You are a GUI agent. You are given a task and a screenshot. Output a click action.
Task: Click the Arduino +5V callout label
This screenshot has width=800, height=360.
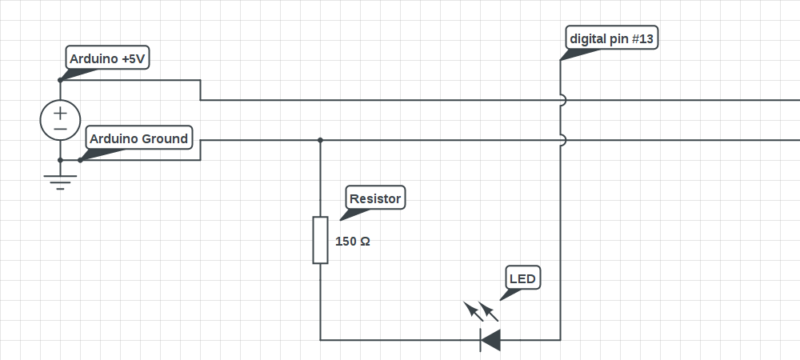108,58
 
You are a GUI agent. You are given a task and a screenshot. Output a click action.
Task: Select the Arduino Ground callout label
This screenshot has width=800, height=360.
138,138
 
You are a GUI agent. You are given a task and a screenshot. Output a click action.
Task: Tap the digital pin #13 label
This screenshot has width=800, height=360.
612,38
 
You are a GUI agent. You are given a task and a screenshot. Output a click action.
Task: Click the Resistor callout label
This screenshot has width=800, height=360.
375,198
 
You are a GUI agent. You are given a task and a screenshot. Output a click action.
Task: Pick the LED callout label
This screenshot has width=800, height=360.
523,278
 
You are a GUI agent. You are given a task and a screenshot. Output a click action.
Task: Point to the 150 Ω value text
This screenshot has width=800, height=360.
353,242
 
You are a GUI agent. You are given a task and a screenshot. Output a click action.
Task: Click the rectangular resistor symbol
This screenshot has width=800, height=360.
321,240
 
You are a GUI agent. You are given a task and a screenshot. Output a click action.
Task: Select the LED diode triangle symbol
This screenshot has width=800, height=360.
490,340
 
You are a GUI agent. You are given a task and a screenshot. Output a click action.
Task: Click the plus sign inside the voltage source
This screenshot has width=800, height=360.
60,113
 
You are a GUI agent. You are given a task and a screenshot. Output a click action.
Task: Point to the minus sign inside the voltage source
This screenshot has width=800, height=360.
60,129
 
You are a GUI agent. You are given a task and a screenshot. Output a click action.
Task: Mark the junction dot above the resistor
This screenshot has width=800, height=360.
321,140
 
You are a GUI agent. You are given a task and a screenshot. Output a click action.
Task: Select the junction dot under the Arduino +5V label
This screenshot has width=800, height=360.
60,80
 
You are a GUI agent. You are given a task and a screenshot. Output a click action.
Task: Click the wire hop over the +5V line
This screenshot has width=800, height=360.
563,100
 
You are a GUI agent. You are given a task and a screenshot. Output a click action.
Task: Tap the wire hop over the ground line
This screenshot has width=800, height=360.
563,140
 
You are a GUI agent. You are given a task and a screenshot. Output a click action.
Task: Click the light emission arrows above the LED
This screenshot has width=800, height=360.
481,311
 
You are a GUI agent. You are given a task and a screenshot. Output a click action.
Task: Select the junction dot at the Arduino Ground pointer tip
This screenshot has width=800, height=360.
80,160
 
